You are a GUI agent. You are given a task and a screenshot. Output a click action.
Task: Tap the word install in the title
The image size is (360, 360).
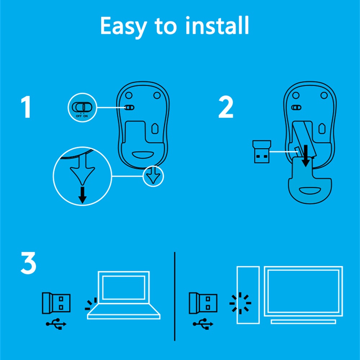[217, 25]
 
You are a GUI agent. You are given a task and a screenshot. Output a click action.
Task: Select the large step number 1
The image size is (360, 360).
[26, 107]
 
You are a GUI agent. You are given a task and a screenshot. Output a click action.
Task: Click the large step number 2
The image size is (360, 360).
[226, 107]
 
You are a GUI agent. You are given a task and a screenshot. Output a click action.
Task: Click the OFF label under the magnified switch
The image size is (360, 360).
[78, 116]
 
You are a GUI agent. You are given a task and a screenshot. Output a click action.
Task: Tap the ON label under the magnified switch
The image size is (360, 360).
[85, 116]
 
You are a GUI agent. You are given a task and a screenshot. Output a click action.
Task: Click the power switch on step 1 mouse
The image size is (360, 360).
[129, 108]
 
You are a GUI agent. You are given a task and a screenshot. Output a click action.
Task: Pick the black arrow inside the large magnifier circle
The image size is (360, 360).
[82, 195]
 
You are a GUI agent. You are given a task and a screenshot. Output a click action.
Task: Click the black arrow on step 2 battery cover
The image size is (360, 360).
[306, 156]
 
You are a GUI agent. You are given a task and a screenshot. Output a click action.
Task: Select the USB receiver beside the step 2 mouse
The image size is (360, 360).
[262, 152]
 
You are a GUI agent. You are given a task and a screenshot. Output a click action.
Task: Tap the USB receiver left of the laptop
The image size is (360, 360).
[56, 303]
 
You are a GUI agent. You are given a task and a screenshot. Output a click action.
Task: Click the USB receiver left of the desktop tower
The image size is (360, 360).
[203, 303]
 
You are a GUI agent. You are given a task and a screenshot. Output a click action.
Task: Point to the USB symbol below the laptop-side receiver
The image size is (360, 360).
[56, 324]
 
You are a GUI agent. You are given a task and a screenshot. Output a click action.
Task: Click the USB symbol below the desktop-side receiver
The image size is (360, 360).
[203, 324]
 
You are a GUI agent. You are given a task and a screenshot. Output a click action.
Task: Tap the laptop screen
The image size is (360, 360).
[124, 287]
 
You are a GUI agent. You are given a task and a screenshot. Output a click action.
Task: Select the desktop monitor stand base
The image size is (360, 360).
[303, 321]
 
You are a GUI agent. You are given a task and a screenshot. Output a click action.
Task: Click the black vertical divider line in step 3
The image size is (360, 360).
[175, 296]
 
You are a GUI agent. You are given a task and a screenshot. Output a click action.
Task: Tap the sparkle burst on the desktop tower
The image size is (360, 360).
[240, 303]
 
